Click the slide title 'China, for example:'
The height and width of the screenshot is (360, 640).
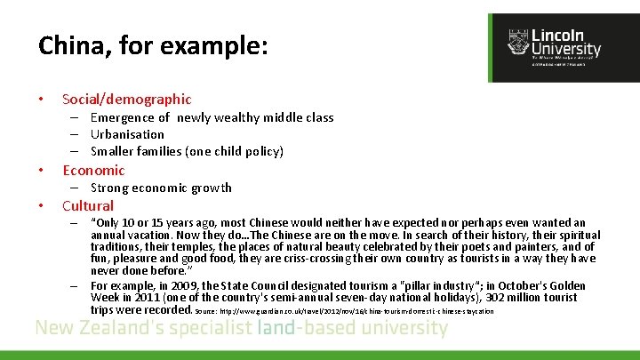[153, 45]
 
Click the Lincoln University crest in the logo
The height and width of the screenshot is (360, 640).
[517, 42]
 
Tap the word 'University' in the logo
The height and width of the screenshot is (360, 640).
[566, 50]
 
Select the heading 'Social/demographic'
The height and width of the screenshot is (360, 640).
[126, 99]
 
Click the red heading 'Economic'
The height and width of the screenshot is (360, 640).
[93, 170]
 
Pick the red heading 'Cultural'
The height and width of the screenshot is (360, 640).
[87, 205]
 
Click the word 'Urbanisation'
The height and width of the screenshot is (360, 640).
[127, 134]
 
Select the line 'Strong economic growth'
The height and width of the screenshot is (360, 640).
[161, 188]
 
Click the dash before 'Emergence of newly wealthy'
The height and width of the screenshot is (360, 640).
[76, 117]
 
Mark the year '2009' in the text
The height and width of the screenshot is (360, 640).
[191, 285]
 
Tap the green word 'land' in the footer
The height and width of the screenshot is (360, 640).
[275, 329]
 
